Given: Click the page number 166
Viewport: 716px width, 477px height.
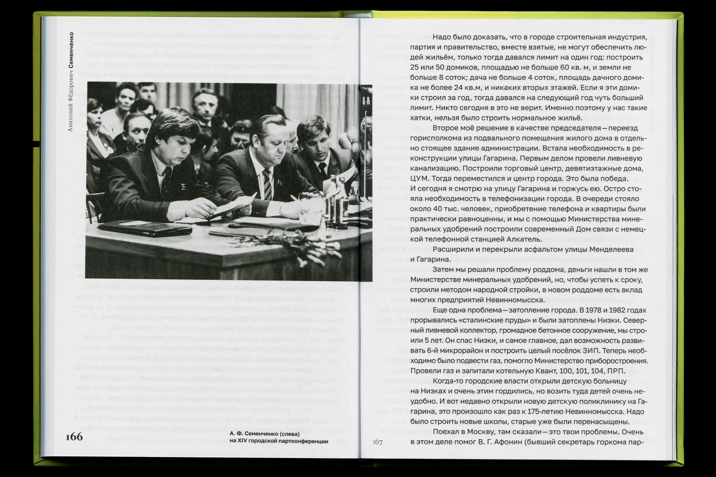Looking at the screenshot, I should point(74,437).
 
